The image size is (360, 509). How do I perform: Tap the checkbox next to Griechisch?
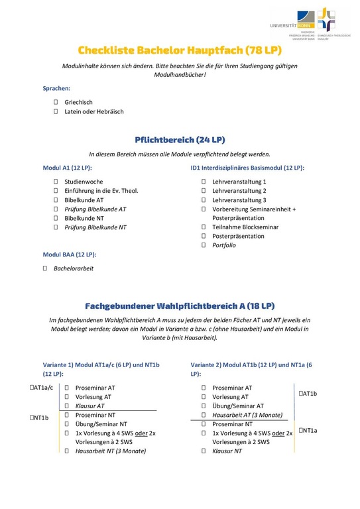[x=56, y=102]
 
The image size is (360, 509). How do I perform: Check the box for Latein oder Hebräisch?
[x=56, y=111]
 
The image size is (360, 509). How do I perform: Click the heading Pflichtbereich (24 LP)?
[x=180, y=140]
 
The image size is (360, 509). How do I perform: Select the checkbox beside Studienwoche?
[x=56, y=181]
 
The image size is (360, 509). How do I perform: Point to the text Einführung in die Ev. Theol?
[x=101, y=190]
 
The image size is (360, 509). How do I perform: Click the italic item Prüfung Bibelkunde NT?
[x=95, y=227]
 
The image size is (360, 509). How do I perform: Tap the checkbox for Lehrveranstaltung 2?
[x=204, y=190]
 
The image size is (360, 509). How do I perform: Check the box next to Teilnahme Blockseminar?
[x=204, y=227]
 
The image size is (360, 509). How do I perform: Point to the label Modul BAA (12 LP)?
[x=70, y=254]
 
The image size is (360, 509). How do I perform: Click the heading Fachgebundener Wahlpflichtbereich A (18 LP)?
[x=180, y=306]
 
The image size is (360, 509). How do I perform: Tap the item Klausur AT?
[x=90, y=406]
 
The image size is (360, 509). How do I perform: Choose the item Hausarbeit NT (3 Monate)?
[x=111, y=451]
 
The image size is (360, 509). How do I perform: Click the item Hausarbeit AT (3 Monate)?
[x=247, y=415]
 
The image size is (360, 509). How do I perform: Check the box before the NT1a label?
[x=300, y=431]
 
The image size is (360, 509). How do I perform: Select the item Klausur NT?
[x=227, y=451]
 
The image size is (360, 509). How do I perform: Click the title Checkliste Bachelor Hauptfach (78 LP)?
[x=180, y=50]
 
